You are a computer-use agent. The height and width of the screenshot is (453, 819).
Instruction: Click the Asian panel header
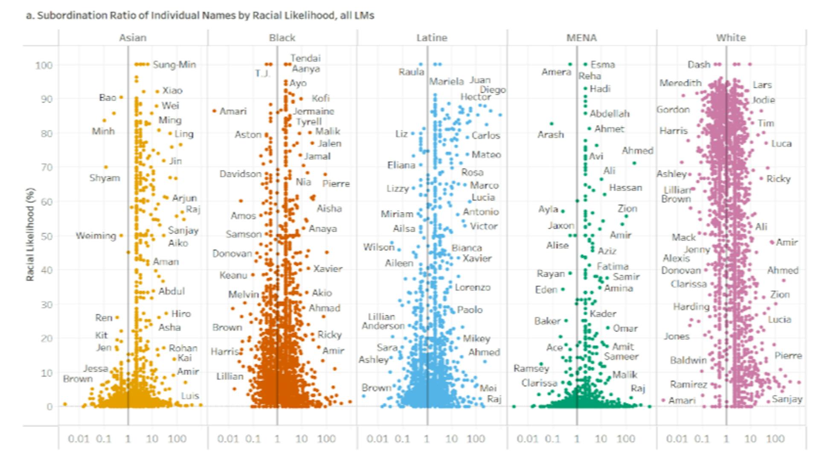pos(133,38)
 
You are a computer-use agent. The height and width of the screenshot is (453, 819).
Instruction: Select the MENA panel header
pos(581,38)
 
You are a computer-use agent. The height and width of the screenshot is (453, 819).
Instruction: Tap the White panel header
pos(731,38)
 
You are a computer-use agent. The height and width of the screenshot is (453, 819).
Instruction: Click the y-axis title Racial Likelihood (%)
pos(30,234)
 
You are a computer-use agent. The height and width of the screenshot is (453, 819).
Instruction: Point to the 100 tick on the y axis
pos(44,65)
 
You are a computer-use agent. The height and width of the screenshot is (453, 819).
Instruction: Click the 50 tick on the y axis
pos(46,236)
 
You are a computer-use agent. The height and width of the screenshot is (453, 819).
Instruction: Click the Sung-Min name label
pos(174,64)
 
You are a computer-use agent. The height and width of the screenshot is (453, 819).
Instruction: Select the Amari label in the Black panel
pos(233,111)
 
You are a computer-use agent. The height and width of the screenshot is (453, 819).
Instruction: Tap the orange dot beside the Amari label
pos(214,111)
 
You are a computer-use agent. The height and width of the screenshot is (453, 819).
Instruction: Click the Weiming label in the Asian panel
pos(96,236)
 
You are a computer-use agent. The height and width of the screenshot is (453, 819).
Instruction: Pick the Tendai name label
pos(305,58)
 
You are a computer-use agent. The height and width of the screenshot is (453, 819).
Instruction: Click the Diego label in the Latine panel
pos(493,90)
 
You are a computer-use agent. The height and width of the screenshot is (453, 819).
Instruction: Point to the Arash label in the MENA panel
pos(550,134)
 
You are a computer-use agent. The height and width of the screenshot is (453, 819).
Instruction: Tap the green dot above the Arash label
pos(552,124)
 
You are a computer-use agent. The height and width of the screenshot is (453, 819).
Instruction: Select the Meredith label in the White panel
pos(680,83)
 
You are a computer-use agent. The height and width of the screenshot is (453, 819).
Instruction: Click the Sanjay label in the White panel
pos(787,399)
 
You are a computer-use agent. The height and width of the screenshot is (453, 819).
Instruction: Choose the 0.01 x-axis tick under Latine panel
pos(377,438)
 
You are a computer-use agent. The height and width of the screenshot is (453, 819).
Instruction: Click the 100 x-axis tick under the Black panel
pos(326,438)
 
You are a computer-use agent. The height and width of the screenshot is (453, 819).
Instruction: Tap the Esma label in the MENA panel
pos(602,64)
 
